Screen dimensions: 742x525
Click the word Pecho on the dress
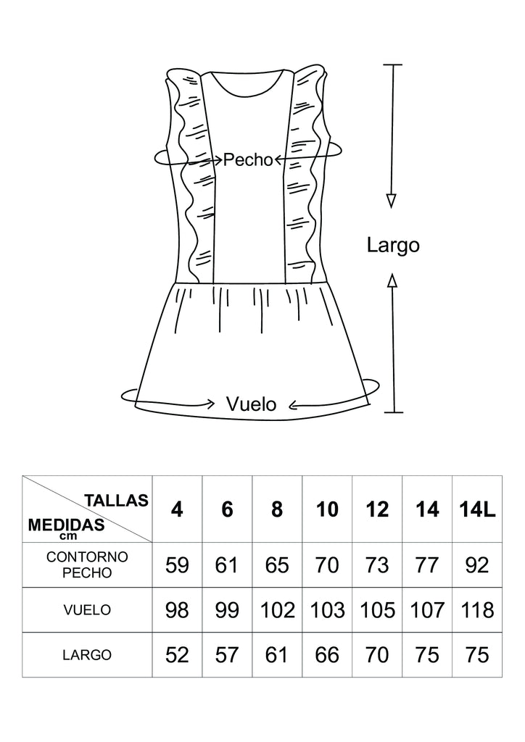[x=247, y=159]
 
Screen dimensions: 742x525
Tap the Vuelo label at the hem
[x=251, y=404]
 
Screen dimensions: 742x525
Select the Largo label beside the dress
[x=393, y=245]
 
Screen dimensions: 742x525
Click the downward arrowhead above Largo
[x=392, y=201]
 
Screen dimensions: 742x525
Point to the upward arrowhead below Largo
[x=392, y=281]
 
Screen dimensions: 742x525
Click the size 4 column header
[x=177, y=509]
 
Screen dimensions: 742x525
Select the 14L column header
[x=477, y=509]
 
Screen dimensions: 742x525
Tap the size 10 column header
[x=328, y=509]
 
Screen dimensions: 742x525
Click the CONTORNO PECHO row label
[x=87, y=564]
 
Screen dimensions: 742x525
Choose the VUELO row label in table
[x=87, y=610]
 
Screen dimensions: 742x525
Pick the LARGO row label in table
[x=87, y=655]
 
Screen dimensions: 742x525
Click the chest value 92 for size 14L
[x=477, y=564]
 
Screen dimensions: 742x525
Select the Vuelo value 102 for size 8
[x=277, y=609]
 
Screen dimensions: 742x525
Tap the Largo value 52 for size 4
[x=177, y=655]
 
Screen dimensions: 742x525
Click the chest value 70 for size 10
[x=328, y=564]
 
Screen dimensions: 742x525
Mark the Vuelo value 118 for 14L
[x=477, y=609]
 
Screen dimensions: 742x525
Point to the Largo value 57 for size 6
[x=227, y=655]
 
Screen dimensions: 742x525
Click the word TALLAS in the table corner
[x=117, y=500]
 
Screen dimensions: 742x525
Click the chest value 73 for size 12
[x=377, y=564]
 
